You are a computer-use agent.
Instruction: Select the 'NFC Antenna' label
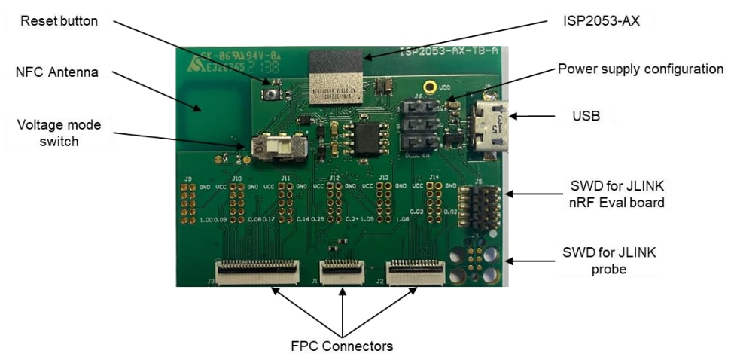click(59, 73)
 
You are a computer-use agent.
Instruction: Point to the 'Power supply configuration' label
click(641, 69)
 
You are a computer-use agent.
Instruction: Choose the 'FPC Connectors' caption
click(342, 346)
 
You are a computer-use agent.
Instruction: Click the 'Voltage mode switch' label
click(59, 132)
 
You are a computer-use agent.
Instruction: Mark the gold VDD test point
click(430, 88)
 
